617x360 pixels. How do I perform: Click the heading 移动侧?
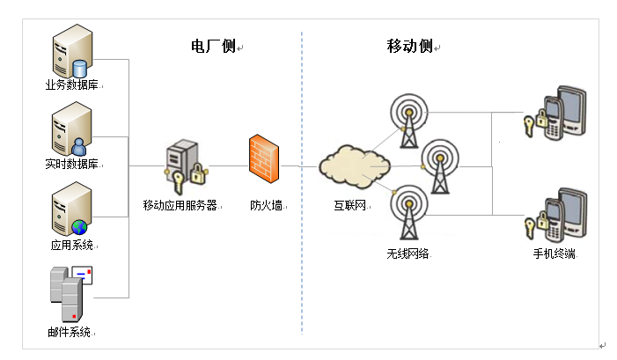tap(409, 47)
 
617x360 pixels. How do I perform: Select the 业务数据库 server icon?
tap(71, 54)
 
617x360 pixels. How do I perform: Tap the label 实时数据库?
tap(71, 165)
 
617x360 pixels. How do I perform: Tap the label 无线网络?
tap(408, 253)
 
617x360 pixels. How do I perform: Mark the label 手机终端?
tap(555, 253)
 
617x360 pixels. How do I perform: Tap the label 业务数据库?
tap(71, 86)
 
